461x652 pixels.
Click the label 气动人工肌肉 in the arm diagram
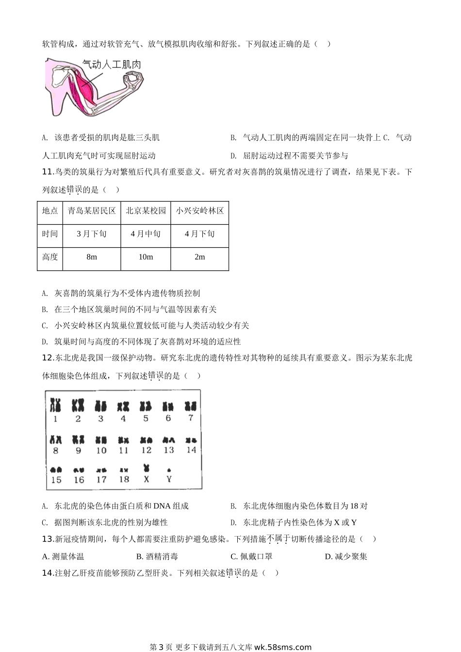click(111, 65)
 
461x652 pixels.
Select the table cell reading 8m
click(92, 257)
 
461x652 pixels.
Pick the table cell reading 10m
click(146, 257)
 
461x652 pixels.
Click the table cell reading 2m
click(199, 257)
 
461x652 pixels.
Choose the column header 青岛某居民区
click(92, 211)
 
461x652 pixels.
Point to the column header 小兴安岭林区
click(199, 211)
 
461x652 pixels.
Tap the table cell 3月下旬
click(92, 234)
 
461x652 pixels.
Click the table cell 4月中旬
click(146, 234)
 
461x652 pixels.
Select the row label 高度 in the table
click(49, 257)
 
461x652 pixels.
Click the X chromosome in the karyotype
click(146, 468)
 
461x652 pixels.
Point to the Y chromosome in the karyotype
click(169, 470)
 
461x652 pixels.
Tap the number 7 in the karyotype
click(191, 418)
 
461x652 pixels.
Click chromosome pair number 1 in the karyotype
click(56, 405)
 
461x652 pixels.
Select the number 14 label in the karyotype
click(191, 450)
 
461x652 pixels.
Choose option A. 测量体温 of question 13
click(63, 556)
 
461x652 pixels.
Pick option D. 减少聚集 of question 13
click(346, 556)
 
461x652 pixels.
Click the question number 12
click(48, 358)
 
